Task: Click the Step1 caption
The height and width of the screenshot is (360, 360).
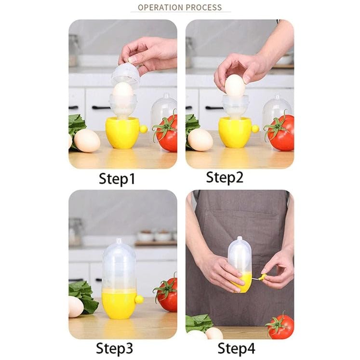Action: pos(117,179)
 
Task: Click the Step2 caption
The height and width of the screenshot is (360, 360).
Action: pos(225,177)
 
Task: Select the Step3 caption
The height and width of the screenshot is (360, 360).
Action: pos(115,348)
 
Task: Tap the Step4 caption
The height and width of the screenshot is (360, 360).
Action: pos(236,348)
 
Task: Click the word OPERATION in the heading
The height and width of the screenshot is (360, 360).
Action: pos(160,7)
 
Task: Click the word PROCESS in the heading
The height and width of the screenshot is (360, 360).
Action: pos(204,7)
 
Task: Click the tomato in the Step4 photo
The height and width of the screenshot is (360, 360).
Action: pos(281,326)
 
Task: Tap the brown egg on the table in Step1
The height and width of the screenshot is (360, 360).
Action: pos(87,141)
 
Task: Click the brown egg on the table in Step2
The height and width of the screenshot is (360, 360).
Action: pos(200,140)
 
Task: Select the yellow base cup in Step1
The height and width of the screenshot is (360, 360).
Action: pos(122,133)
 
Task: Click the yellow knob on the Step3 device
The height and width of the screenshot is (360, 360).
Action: pos(139,299)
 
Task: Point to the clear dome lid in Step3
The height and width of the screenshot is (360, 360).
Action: pos(119,263)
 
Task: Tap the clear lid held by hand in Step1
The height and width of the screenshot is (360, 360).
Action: pos(125,75)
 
